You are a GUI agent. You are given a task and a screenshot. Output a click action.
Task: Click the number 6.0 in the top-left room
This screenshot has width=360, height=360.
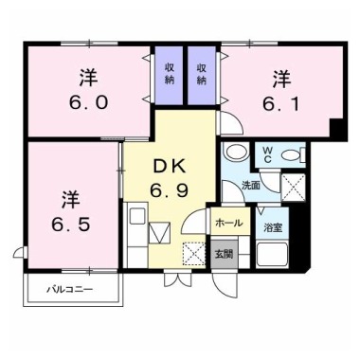(89, 102)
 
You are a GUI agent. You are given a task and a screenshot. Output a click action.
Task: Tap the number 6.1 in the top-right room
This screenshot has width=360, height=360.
(281, 103)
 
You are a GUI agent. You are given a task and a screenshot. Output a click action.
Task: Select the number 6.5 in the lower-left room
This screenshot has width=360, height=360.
(71, 224)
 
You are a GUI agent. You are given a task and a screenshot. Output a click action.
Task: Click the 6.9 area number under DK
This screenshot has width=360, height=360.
(170, 190)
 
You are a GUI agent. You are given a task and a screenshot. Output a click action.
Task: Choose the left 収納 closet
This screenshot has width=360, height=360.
(169, 75)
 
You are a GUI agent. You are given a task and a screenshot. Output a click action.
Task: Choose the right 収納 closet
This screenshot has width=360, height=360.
(202, 75)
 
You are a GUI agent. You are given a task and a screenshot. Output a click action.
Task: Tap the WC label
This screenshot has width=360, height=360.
(267, 154)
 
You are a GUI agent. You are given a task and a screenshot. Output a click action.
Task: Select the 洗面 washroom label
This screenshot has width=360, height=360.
(251, 186)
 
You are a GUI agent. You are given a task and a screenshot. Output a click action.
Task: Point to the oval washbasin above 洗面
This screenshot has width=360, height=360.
(237, 152)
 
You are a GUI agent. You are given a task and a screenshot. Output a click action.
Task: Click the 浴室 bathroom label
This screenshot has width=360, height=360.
(273, 227)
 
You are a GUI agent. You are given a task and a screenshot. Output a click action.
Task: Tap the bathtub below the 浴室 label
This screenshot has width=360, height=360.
(272, 254)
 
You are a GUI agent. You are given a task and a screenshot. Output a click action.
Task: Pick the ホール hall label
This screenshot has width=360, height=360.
(229, 223)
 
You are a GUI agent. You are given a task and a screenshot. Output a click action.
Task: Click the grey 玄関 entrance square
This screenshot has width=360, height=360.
(225, 254)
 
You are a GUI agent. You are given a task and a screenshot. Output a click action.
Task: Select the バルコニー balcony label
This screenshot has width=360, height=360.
(70, 289)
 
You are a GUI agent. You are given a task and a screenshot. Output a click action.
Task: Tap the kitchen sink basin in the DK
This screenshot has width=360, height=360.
(137, 216)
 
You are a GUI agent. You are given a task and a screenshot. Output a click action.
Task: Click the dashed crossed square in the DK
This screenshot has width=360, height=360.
(193, 253)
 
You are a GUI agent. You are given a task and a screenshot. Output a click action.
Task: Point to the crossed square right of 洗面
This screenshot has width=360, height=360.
(294, 187)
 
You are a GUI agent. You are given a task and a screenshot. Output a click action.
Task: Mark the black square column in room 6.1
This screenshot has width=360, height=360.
(337, 130)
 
